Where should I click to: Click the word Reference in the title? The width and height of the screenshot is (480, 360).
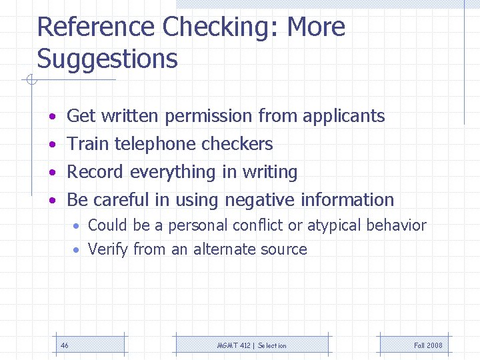[x=96, y=27]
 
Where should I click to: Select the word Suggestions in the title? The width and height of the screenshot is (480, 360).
[x=107, y=59]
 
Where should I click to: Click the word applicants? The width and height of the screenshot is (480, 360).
[x=343, y=116]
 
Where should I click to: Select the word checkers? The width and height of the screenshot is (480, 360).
[x=237, y=144]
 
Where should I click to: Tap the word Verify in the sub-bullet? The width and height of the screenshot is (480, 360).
[x=108, y=250]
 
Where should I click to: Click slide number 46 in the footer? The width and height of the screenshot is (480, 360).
[x=65, y=345]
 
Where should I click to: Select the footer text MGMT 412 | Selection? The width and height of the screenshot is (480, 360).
[x=252, y=345]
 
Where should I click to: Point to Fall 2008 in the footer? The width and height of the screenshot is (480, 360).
[x=428, y=345]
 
